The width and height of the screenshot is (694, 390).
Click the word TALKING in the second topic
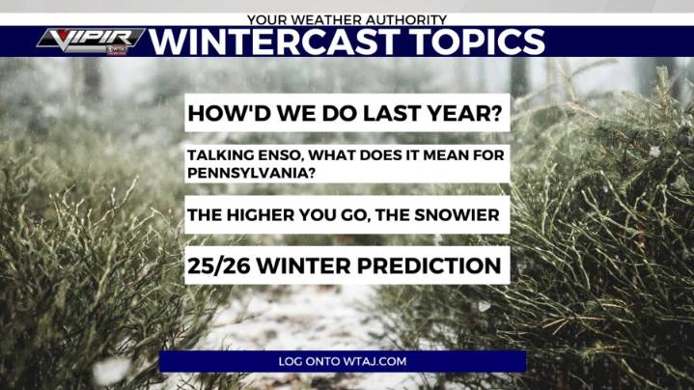pyautogui.click(x=221, y=154)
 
